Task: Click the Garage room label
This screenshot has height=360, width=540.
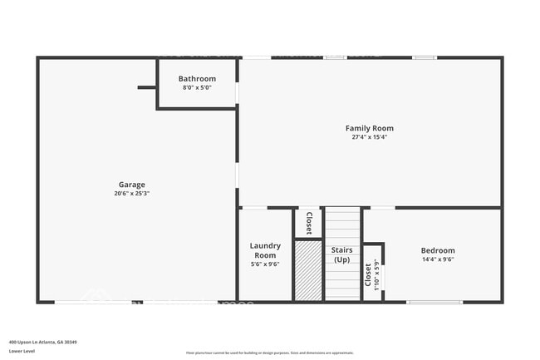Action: pos(131,185)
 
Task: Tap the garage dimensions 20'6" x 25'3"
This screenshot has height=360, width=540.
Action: pos(131,193)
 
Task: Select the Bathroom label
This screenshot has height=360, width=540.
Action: pos(199,79)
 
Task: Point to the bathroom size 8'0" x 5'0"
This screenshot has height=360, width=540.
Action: pos(198,87)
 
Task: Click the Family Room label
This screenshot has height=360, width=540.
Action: pos(370,128)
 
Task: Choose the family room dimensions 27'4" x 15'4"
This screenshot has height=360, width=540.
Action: pos(370,137)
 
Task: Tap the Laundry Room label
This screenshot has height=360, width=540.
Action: pos(265,250)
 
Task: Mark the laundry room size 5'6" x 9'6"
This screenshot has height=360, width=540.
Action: pos(265,264)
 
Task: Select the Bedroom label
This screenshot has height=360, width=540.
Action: pos(438,250)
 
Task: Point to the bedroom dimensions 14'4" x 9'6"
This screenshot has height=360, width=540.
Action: pos(438,259)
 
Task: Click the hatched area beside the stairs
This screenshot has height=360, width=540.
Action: pos(308,270)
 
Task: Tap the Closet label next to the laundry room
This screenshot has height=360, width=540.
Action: pos(308,223)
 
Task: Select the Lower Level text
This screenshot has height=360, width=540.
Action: pos(22,351)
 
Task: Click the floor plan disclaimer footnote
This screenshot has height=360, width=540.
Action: pos(270,353)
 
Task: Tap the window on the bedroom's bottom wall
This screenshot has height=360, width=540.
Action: pos(434,302)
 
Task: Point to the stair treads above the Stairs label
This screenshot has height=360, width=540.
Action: pos(342,224)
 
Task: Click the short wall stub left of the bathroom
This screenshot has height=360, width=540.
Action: pos(147,87)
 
